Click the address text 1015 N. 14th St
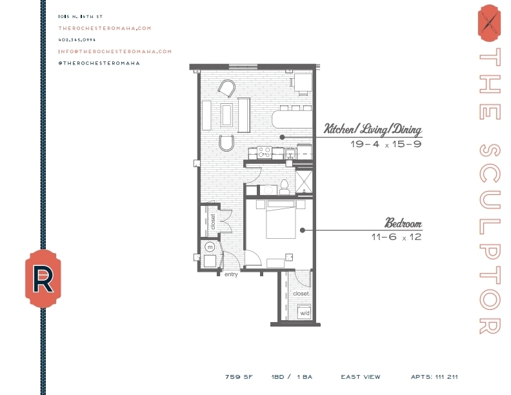click(81, 16)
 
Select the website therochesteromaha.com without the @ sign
click(105, 28)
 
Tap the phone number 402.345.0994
click(77, 39)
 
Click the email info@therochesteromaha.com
click(115, 51)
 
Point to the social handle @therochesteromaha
click(99, 63)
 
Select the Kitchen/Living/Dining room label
click(373, 129)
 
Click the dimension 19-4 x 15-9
click(386, 144)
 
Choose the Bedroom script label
click(403, 224)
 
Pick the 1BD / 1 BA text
click(292, 377)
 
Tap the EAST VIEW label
click(361, 377)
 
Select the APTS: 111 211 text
click(434, 377)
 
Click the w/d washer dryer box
click(303, 312)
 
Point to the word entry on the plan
click(231, 274)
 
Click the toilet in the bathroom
click(283, 187)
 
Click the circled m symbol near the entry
click(209, 247)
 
